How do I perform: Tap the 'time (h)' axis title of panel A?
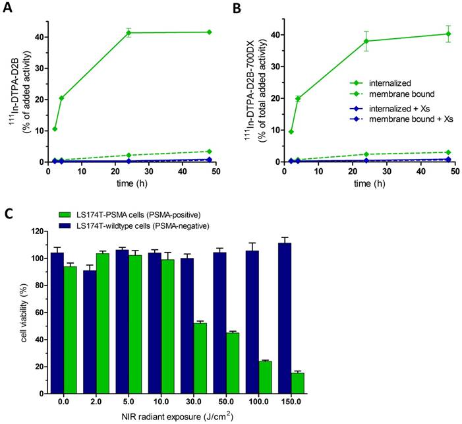point(129,183)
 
